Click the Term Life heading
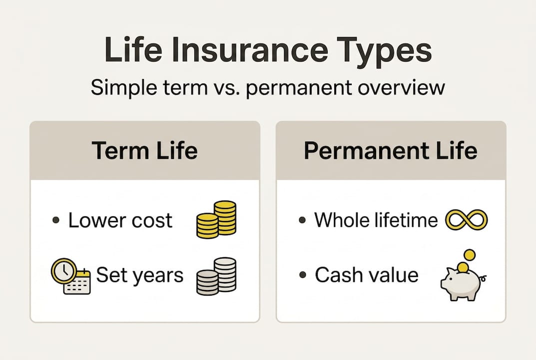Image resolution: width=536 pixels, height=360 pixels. point(144,150)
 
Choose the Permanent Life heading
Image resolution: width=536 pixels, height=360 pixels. point(391,150)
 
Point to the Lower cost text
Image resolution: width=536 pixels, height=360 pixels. point(120,220)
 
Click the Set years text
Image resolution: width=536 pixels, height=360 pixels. point(140,275)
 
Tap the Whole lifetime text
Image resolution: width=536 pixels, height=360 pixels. point(376,220)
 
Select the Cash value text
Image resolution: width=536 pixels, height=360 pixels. point(367,275)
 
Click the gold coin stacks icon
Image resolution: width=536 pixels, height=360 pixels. point(216,219)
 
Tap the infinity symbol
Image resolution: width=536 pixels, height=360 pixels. point(466,220)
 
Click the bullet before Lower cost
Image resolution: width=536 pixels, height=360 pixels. point(56,221)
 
